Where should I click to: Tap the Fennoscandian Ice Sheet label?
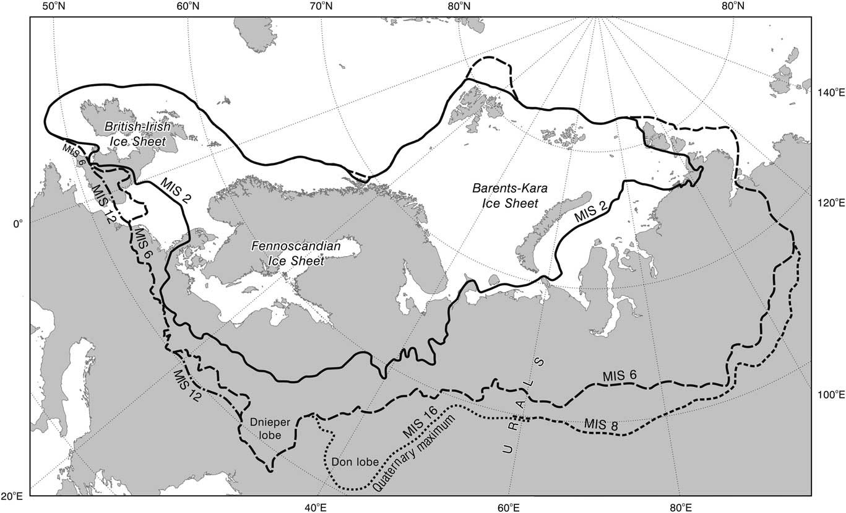click(x=296, y=253)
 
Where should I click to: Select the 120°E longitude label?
click(x=827, y=202)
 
